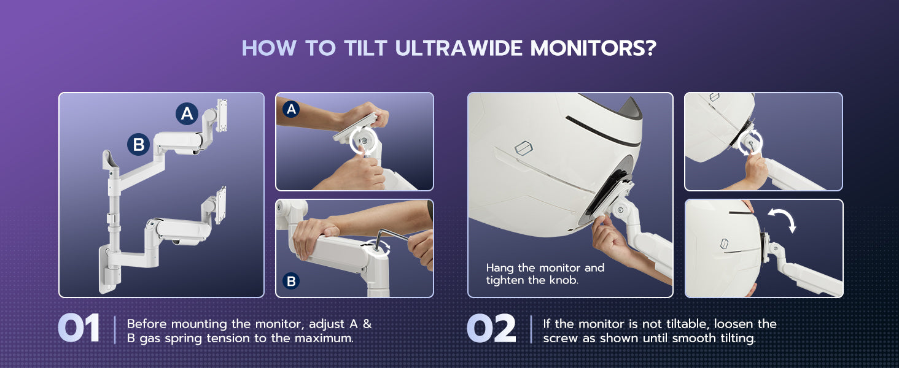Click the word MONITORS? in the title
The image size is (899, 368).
point(593,48)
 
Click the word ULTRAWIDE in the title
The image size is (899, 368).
point(459,48)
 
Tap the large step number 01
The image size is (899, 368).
point(79,328)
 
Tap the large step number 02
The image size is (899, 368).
point(491,328)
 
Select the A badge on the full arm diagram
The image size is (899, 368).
point(187,113)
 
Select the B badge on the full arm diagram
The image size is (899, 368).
point(138,144)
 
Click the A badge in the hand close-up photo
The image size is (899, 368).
point(291,109)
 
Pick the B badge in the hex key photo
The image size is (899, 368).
point(291,281)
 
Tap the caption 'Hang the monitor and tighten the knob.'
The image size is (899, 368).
point(545,274)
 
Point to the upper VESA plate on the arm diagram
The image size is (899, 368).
point(222,115)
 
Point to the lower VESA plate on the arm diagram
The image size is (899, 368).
point(220,205)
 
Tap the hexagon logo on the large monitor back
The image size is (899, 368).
point(524,148)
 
